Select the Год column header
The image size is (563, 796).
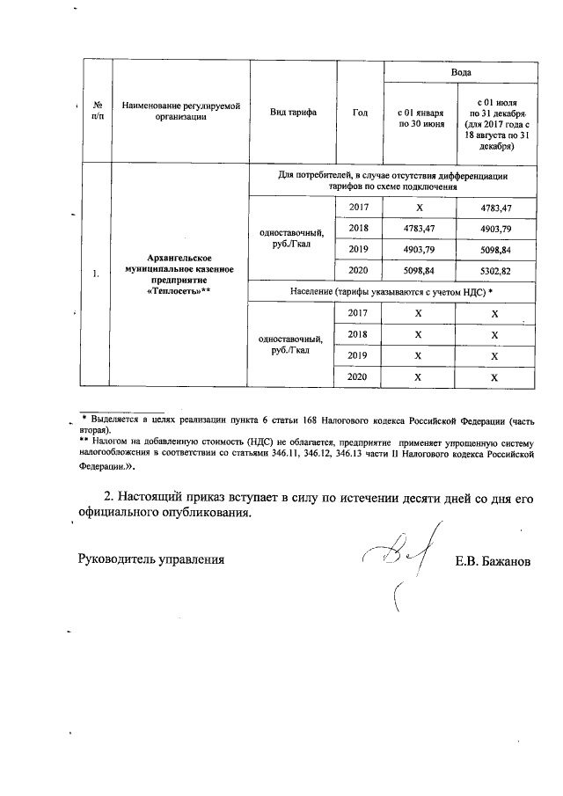coord(359,113)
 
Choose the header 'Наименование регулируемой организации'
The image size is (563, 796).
coord(180,113)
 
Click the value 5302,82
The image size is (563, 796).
coord(494,270)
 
